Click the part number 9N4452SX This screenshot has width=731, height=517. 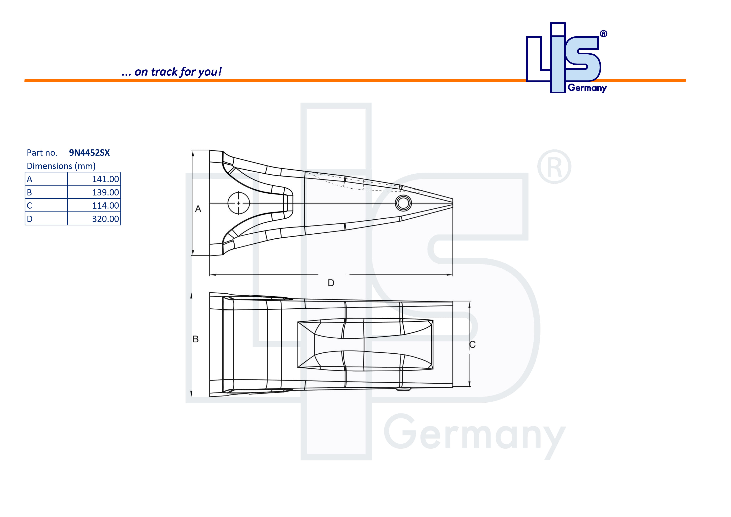pyautogui.click(x=89, y=153)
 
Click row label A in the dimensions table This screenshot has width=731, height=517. pyautogui.click(x=30, y=179)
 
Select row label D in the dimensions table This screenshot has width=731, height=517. pyautogui.click(x=30, y=219)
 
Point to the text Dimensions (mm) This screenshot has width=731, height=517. pyautogui.click(x=61, y=166)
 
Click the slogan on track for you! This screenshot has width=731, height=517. pyautogui.click(x=172, y=72)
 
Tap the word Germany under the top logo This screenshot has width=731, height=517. pyautogui.click(x=587, y=88)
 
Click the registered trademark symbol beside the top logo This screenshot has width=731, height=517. pyautogui.click(x=603, y=34)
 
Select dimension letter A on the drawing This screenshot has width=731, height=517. pyautogui.click(x=198, y=209)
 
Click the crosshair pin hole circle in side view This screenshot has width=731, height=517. pyautogui.click(x=239, y=203)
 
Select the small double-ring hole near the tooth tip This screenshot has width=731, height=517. pyautogui.click(x=403, y=203)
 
